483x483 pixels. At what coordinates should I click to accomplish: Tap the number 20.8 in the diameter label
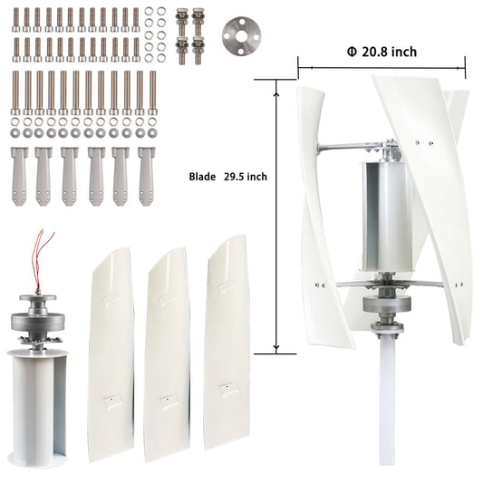[x=379, y=53]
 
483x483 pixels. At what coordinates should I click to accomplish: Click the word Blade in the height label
[x=204, y=178]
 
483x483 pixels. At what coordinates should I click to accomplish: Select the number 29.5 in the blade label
[x=234, y=178]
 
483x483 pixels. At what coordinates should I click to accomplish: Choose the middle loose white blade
[x=167, y=353]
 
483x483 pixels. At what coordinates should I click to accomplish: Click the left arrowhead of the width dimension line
[x=301, y=66]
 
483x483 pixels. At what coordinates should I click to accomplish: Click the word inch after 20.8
[x=405, y=53]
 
